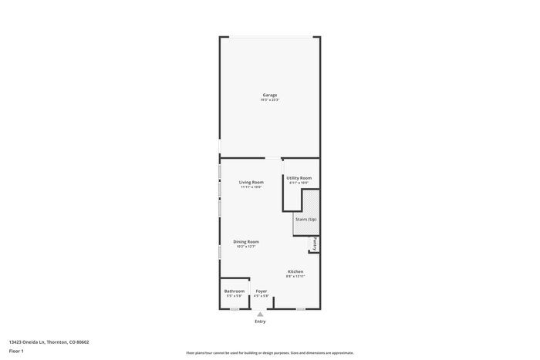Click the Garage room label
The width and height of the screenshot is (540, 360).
[x=269, y=95]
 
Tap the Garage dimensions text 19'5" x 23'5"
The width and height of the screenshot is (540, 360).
[x=269, y=100]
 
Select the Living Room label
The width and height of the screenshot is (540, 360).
[x=251, y=182]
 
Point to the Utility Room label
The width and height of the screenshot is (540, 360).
[x=299, y=178]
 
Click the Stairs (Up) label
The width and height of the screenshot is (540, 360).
[x=305, y=220]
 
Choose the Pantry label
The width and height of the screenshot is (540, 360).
[x=315, y=244]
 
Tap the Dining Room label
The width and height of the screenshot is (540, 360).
[x=246, y=241]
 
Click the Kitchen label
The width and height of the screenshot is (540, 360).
[x=295, y=271]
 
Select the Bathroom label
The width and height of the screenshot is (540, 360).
[x=234, y=291]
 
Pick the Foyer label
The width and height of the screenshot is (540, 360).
[x=262, y=291]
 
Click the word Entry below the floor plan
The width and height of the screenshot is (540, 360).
[x=261, y=321]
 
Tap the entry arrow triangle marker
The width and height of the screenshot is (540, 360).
[x=261, y=314]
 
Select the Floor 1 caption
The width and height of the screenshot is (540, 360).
[x=16, y=351]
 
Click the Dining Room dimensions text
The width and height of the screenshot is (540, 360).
[x=246, y=247]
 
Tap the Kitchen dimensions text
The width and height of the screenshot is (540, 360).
[x=295, y=276]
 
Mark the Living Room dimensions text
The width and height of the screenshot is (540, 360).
[x=251, y=187]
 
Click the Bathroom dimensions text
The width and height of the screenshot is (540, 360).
[x=234, y=296]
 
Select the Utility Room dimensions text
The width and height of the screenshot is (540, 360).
[x=299, y=183]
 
